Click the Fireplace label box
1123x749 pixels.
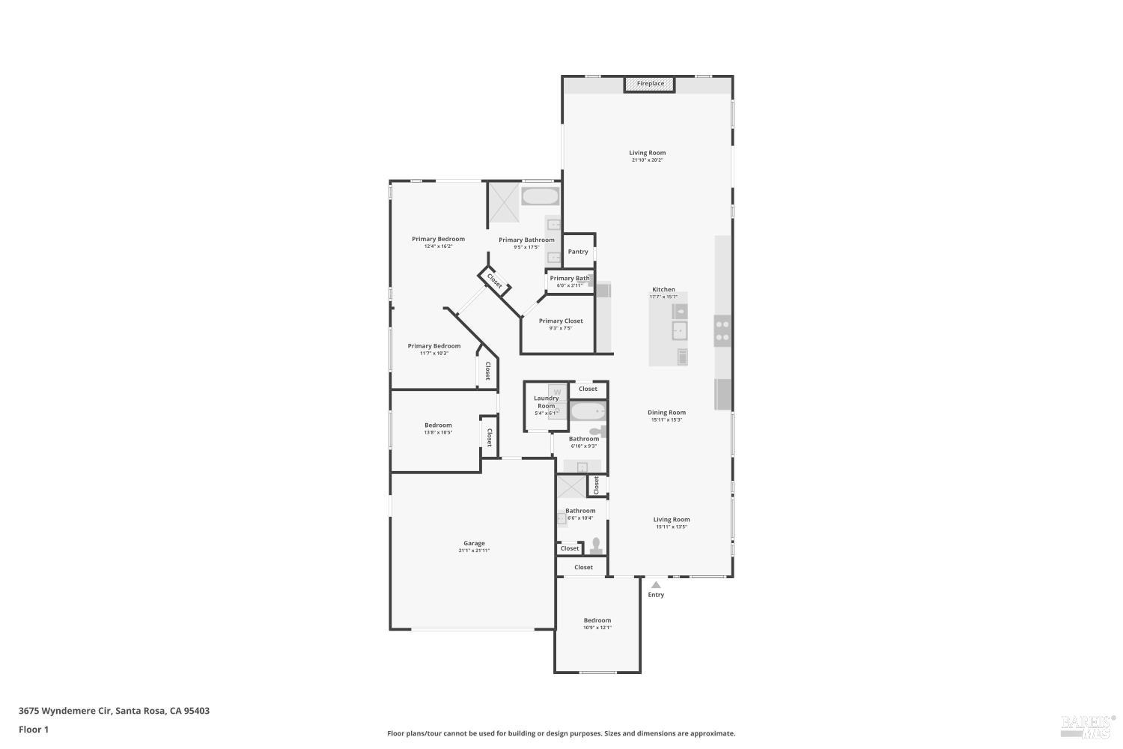tap(650, 84)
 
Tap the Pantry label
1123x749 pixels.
tap(578, 252)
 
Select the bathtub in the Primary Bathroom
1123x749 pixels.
tap(540, 198)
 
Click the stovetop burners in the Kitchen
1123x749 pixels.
tap(722, 330)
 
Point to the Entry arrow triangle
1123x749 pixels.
tap(656, 585)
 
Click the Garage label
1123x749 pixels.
tap(474, 543)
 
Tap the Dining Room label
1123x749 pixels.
tap(666, 413)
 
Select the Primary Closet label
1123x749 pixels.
tap(561, 321)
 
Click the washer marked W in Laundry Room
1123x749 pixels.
tap(558, 392)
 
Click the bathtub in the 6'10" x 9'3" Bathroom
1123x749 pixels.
tap(588, 412)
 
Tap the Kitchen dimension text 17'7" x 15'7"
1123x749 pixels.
tap(663, 297)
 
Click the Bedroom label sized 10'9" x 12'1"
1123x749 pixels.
tap(597, 620)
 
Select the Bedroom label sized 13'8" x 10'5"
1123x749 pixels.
tap(438, 425)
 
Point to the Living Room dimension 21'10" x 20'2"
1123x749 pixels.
tap(648, 160)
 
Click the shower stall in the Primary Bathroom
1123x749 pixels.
tap(504, 202)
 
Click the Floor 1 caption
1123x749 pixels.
tap(34, 730)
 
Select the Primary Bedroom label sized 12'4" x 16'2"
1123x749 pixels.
tap(438, 239)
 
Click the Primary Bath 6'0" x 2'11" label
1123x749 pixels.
tap(570, 279)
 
